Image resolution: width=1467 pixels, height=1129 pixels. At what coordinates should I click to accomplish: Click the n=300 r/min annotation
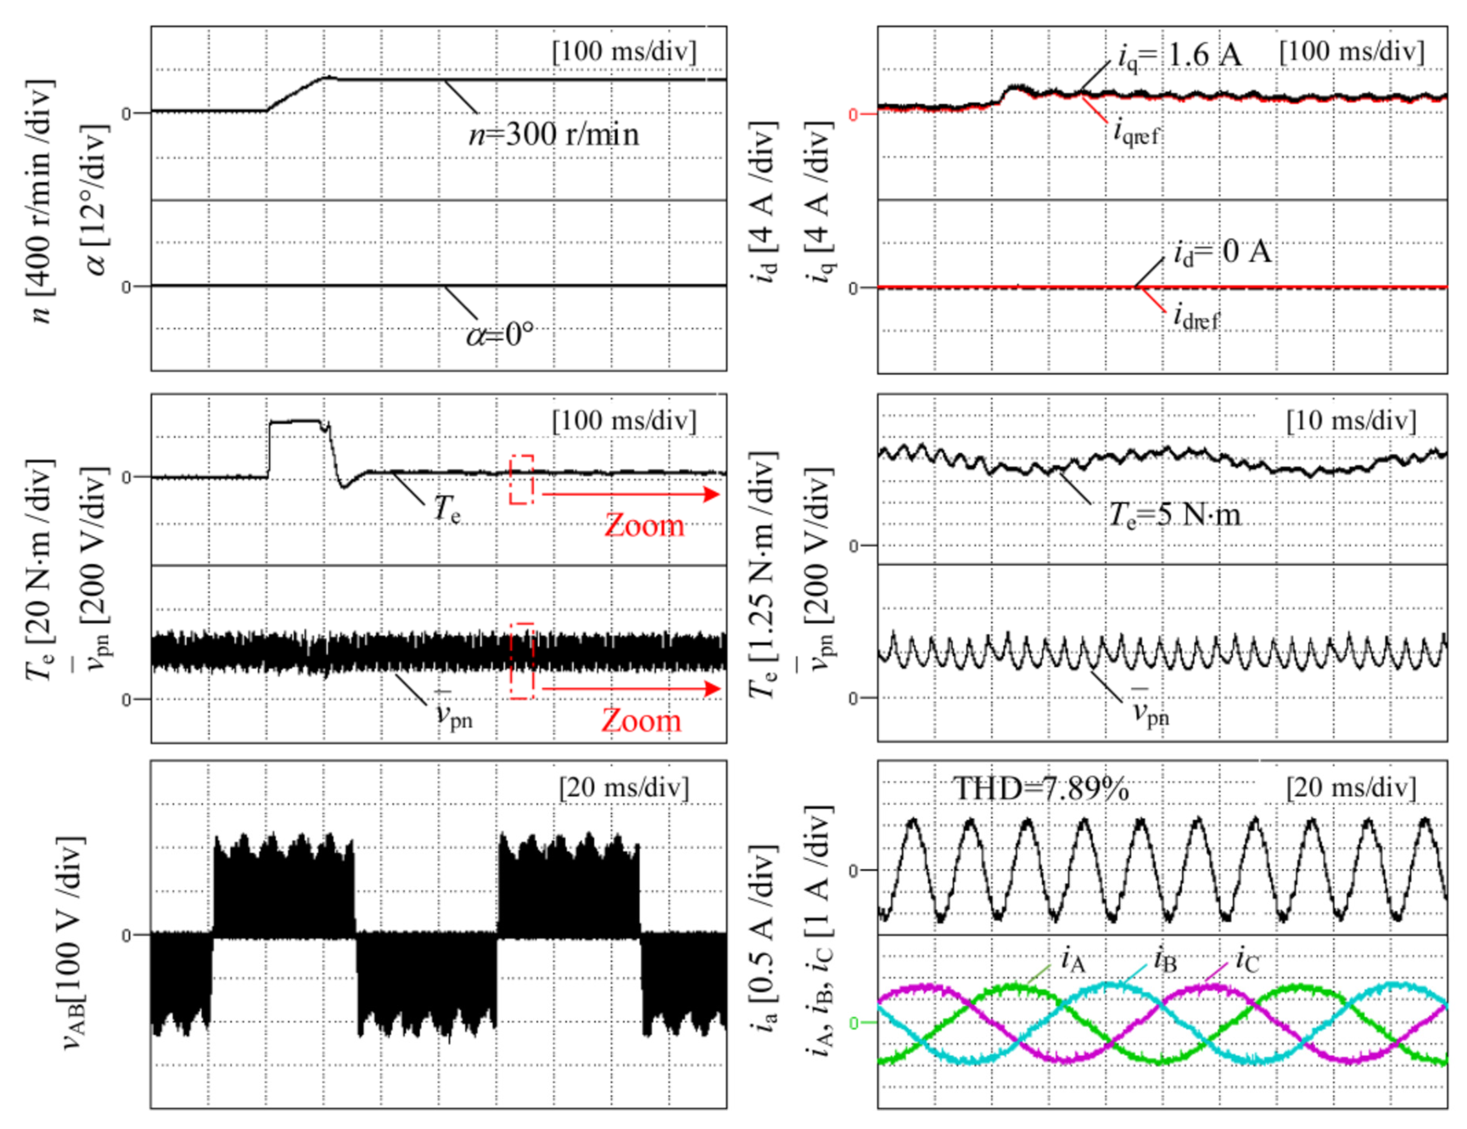553,134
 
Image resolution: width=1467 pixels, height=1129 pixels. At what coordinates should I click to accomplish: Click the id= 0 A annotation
1222,252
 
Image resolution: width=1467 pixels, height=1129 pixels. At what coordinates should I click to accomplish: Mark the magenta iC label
1247,960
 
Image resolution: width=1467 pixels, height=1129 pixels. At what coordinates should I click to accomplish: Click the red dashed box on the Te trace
521,479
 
